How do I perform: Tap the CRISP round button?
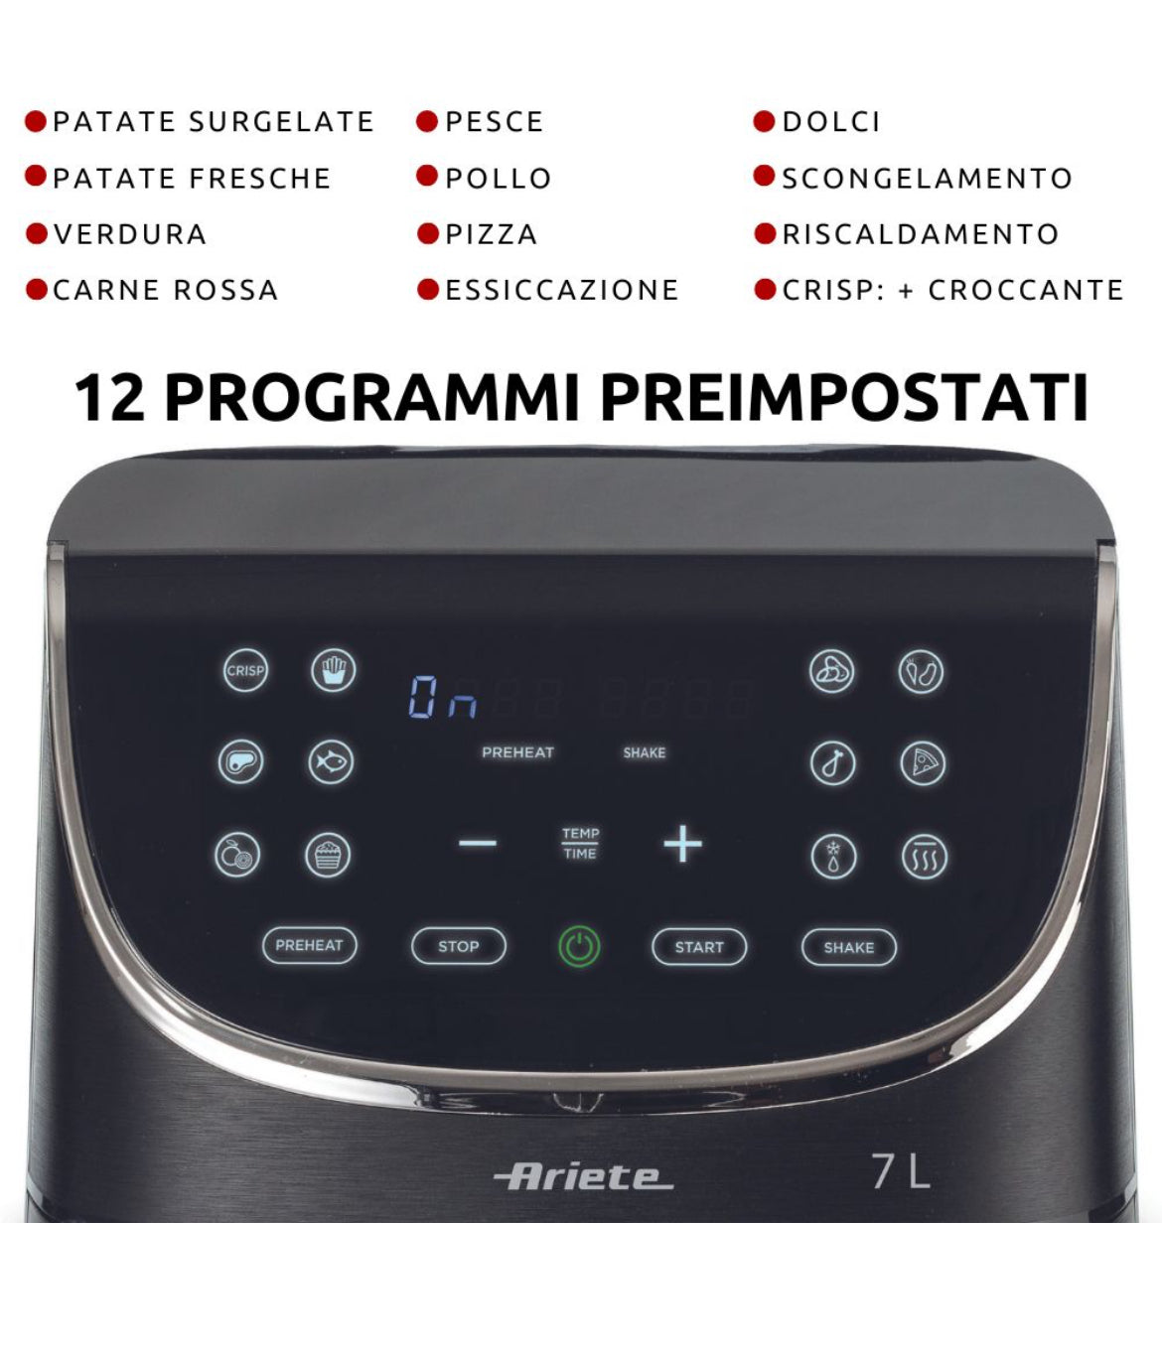pyautogui.click(x=245, y=670)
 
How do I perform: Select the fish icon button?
pyautogui.click(x=331, y=761)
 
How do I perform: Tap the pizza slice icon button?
pyautogui.click(x=923, y=763)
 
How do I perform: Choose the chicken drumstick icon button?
pyautogui.click(x=833, y=763)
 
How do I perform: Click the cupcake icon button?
pyautogui.click(x=328, y=855)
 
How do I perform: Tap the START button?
pyautogui.click(x=699, y=947)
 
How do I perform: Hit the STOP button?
pyautogui.click(x=459, y=946)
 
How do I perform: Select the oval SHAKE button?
pyautogui.click(x=849, y=947)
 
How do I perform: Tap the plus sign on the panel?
pyautogui.click(x=683, y=844)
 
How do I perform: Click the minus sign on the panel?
pyautogui.click(x=477, y=843)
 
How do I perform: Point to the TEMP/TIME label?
pyautogui.click(x=580, y=843)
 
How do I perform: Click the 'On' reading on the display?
pyautogui.click(x=442, y=697)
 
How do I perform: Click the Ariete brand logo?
pyautogui.click(x=583, y=1177)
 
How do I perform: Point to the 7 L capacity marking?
pyautogui.click(x=901, y=1172)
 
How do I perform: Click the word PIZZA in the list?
pyautogui.click(x=492, y=234)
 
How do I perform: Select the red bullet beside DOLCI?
pyautogui.click(x=764, y=120)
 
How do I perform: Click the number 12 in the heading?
pyautogui.click(x=109, y=398)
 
